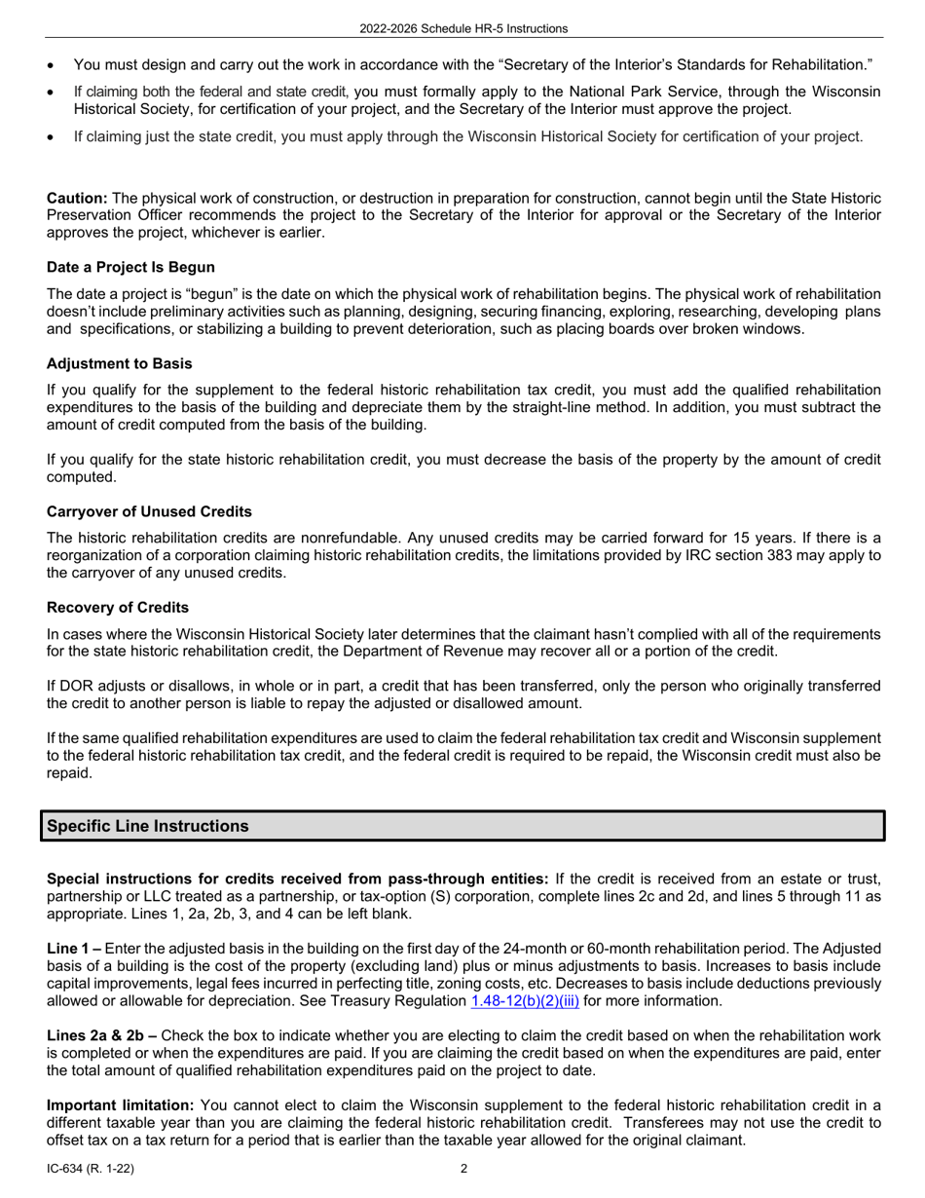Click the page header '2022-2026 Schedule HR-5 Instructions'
pos(462,28)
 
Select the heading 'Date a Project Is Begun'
pos(130,267)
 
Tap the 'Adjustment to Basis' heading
pos(119,363)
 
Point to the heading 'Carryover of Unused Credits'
pos(149,511)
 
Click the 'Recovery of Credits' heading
pos(118,608)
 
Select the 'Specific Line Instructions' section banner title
pos(148,826)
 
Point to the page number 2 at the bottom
pos(463,1169)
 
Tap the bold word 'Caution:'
pos(77,198)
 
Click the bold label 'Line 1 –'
pos(74,948)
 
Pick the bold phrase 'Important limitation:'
pos(121,1104)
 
